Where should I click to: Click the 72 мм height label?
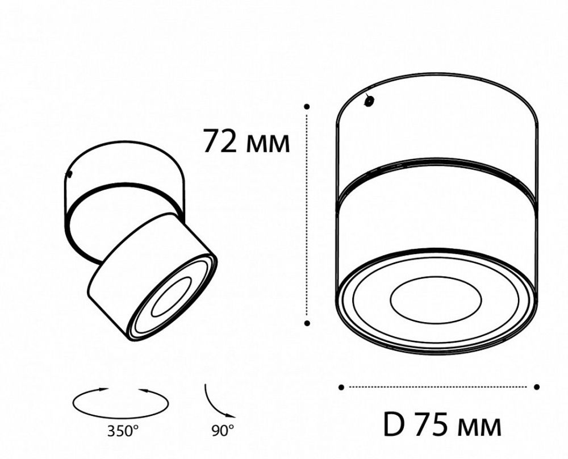tap(247, 141)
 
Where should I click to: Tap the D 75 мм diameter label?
tap(442, 424)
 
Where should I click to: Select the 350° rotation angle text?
tap(122, 431)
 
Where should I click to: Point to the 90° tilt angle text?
tap(223, 431)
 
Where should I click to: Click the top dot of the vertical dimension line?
tap(307, 106)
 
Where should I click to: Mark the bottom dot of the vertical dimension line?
tap(307, 323)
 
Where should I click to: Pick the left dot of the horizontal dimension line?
tap(341, 387)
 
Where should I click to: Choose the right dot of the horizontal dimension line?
tap(537, 387)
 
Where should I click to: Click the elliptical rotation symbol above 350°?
tap(120, 402)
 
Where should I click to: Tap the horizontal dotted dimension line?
tap(438, 387)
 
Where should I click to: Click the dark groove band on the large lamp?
tap(436, 173)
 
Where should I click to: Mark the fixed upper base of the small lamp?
tap(125, 170)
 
